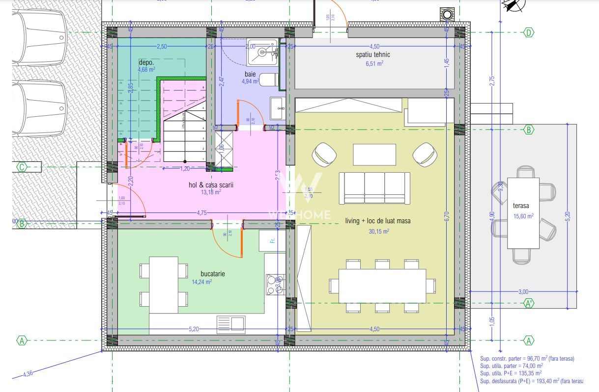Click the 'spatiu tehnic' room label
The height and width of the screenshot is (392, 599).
(x=373, y=54)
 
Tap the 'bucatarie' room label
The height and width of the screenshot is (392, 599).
(x=212, y=274)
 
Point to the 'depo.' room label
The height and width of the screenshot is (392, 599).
(x=146, y=62)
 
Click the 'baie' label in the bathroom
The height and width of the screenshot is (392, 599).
(x=250, y=74)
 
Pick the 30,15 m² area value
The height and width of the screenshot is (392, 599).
(x=379, y=231)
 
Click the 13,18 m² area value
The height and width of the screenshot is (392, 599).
(x=210, y=192)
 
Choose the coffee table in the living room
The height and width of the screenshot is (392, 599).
(x=374, y=155)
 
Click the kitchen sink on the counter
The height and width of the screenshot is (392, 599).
(x=230, y=324)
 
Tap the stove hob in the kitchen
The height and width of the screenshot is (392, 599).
(x=272, y=284)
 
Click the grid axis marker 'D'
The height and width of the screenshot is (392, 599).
(x=529, y=33)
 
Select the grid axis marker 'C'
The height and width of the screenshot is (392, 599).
(x=22, y=167)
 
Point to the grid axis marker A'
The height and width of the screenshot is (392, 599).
(x=529, y=303)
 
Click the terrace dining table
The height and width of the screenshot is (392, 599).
(x=523, y=213)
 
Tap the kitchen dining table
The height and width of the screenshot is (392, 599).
(x=164, y=285)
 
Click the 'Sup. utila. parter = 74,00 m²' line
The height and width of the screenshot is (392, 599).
(x=511, y=366)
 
